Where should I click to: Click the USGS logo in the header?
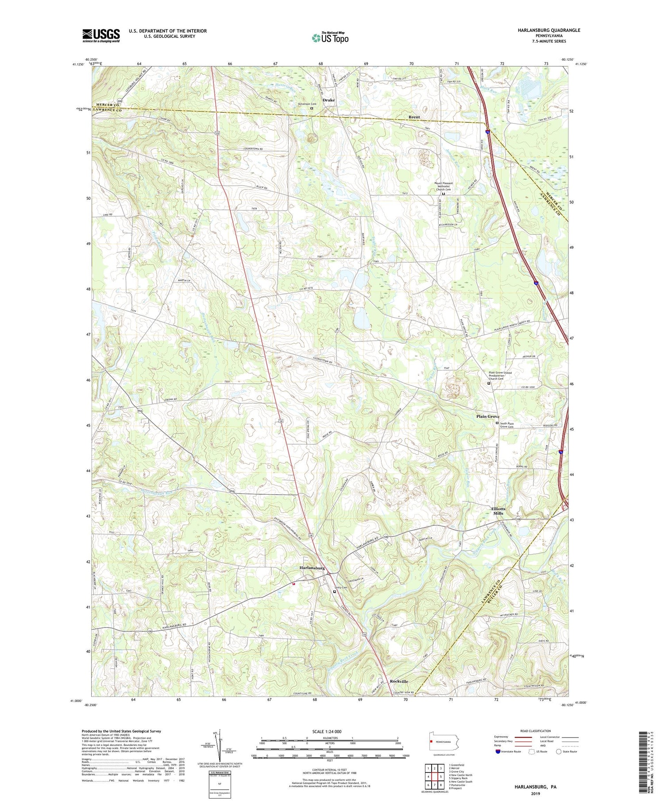click(101, 35)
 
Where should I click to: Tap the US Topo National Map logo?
click(330, 38)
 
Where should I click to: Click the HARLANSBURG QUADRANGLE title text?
click(542, 30)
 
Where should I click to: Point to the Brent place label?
click(414, 117)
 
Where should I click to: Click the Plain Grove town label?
click(487, 416)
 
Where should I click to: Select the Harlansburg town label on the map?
click(312, 568)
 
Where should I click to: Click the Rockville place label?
click(399, 681)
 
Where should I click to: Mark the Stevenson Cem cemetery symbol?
click(312, 108)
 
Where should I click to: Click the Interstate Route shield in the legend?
click(498, 752)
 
